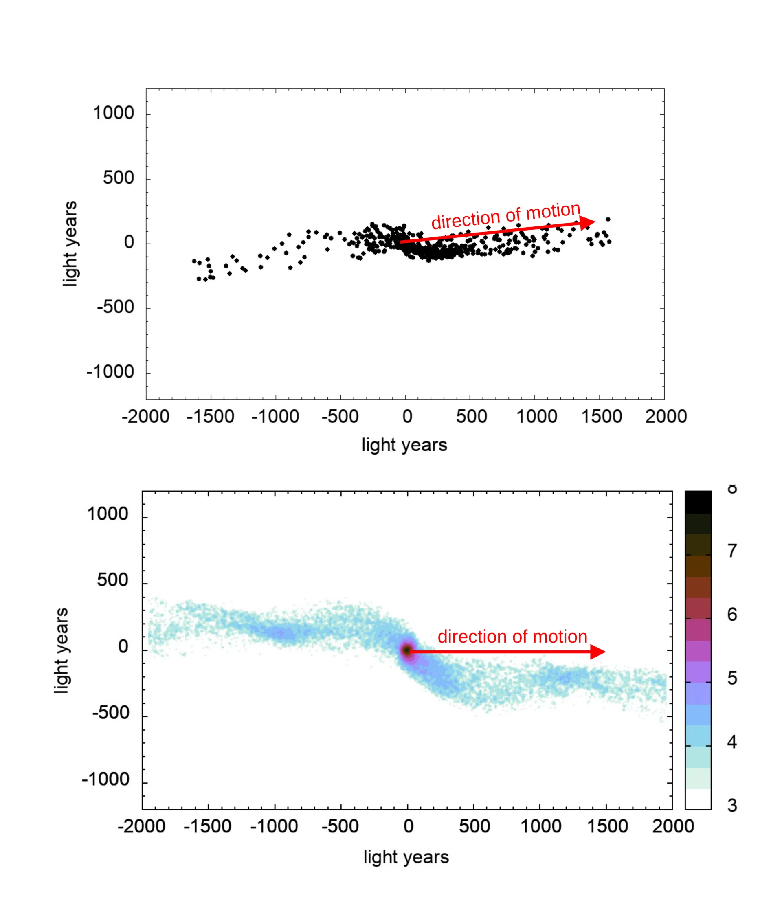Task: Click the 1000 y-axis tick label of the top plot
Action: (x=114, y=114)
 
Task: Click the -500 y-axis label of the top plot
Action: (x=116, y=307)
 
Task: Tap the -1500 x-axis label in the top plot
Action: (x=210, y=417)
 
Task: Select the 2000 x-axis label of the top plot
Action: (x=666, y=417)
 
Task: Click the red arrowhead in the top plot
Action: (x=588, y=222)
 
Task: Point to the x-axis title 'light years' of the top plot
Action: (x=404, y=445)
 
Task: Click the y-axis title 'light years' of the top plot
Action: (x=70, y=244)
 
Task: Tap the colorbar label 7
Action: (x=732, y=551)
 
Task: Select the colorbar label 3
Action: (x=732, y=805)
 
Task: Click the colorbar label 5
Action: (x=732, y=678)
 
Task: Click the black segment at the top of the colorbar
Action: (x=698, y=502)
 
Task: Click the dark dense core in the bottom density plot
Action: (x=406, y=650)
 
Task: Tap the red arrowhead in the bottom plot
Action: (x=597, y=652)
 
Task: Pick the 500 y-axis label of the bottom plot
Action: (x=112, y=580)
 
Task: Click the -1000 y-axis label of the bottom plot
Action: (x=105, y=779)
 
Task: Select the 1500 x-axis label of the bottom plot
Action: (x=607, y=826)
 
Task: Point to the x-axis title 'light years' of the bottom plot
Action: (x=406, y=856)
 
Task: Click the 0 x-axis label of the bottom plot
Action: (x=408, y=826)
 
